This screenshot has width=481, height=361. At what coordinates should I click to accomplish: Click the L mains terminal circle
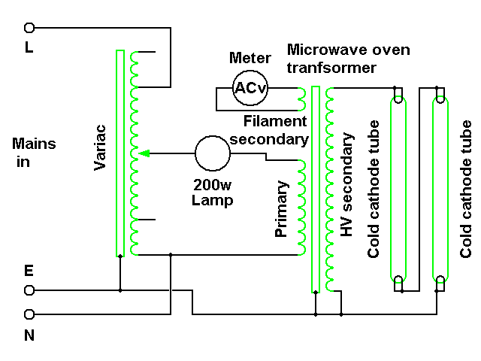(30, 28)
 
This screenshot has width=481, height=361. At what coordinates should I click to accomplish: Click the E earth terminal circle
(30, 290)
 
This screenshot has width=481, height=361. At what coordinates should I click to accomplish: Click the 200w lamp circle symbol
(213, 154)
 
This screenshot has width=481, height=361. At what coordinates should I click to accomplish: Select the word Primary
(282, 209)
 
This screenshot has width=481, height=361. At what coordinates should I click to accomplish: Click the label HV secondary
(346, 185)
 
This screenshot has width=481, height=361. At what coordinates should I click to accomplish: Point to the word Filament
(275, 122)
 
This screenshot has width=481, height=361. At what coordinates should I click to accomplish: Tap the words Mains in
(34, 151)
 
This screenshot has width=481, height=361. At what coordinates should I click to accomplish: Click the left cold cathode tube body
(398, 188)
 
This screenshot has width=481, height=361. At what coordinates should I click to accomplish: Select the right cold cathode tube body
(440, 188)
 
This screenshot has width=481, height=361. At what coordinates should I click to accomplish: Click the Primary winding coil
(303, 207)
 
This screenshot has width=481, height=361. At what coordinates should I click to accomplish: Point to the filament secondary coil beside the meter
(303, 98)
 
